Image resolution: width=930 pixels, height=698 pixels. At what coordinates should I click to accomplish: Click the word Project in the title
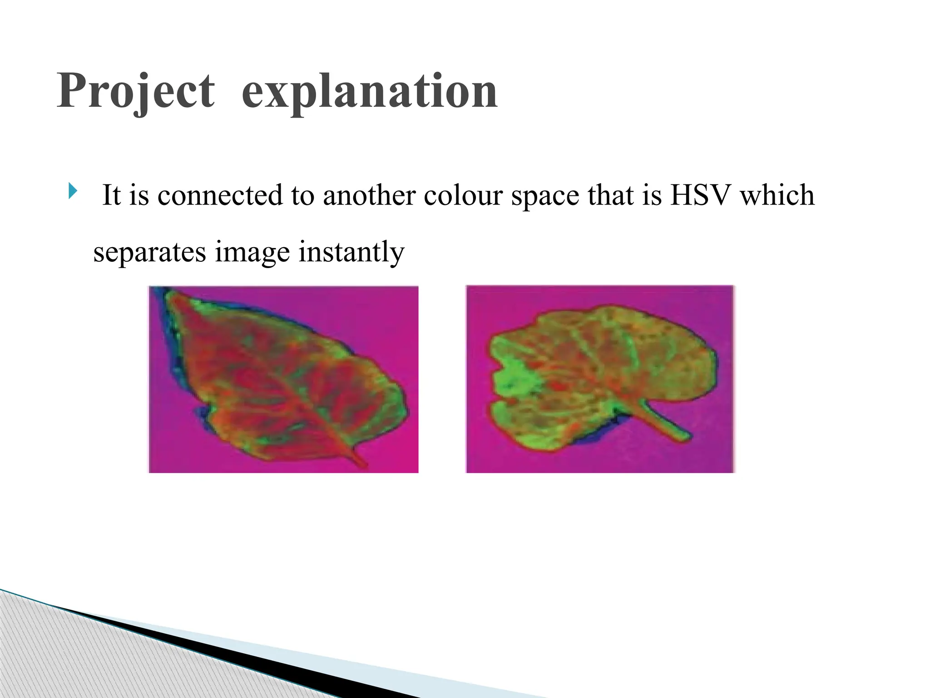tap(135, 92)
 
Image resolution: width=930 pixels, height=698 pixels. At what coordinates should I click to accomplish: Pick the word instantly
tap(351, 252)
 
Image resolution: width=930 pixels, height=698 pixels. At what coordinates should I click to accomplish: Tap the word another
tap(369, 195)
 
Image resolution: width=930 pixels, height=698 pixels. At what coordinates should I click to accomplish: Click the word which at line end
tap(777, 195)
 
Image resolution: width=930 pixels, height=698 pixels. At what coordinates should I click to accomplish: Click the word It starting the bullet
tap(112, 195)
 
